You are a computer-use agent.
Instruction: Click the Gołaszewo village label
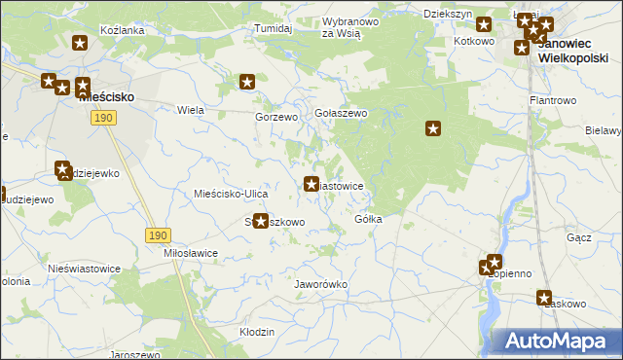(x=340, y=114)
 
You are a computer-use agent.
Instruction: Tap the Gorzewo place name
(x=275, y=117)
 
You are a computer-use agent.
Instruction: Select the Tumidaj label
(x=274, y=29)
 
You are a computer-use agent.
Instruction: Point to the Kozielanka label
(x=123, y=30)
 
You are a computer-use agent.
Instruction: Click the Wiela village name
(x=190, y=110)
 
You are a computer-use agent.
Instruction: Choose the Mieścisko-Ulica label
(x=225, y=194)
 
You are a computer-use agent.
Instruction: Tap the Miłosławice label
(x=191, y=253)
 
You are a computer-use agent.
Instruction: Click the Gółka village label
(x=368, y=219)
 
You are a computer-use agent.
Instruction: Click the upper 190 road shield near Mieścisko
(x=104, y=118)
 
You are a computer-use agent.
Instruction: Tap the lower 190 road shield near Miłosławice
(x=159, y=235)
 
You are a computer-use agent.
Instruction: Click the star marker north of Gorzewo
(x=247, y=83)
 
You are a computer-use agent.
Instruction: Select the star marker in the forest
(x=434, y=127)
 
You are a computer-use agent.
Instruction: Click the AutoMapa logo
(x=556, y=342)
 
